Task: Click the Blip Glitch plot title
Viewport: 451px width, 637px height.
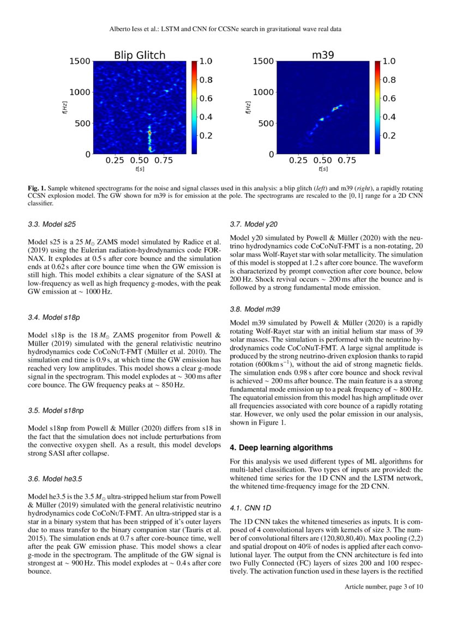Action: click(x=139, y=55)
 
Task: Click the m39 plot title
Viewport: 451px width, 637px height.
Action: click(x=323, y=55)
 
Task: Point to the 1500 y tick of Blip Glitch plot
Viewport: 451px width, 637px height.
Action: click(x=80, y=62)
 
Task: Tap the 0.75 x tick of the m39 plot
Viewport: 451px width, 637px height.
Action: click(x=347, y=160)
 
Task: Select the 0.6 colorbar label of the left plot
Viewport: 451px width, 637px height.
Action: click(x=205, y=99)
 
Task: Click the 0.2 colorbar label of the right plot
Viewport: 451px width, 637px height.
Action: click(x=388, y=136)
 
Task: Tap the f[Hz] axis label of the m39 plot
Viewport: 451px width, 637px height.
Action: click(x=248, y=107)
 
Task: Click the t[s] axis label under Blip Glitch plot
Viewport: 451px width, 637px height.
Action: click(x=140, y=169)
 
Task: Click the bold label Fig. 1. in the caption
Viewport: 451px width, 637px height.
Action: click(x=37, y=188)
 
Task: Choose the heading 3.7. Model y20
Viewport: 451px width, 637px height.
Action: click(x=254, y=224)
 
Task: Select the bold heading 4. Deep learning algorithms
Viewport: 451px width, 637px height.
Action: click(x=281, y=447)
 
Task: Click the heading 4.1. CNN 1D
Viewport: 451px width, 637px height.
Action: click(x=250, y=508)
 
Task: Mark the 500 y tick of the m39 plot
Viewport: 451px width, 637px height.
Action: click(x=266, y=123)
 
